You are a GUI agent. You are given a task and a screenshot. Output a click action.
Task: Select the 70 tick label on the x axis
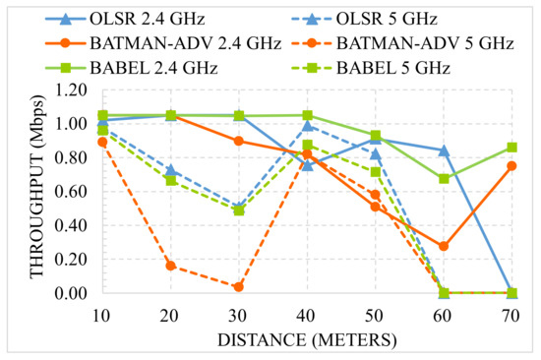(x=511, y=314)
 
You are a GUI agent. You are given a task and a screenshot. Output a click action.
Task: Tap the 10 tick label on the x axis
(x=102, y=314)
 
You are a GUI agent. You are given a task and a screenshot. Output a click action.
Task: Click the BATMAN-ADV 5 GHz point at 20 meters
(x=171, y=266)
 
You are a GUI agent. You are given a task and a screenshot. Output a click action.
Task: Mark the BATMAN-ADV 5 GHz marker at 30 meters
(x=239, y=286)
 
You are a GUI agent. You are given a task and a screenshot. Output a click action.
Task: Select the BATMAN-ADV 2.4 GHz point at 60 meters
(x=444, y=246)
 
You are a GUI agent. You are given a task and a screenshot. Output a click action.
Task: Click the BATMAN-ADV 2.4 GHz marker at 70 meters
(x=511, y=165)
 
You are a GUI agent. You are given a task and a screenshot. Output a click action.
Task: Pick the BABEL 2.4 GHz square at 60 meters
(x=444, y=178)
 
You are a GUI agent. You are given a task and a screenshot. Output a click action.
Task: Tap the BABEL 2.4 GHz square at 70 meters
(x=511, y=148)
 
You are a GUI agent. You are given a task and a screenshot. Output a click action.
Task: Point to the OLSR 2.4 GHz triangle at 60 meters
(x=444, y=150)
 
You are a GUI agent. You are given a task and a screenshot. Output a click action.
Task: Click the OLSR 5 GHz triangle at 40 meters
(x=307, y=125)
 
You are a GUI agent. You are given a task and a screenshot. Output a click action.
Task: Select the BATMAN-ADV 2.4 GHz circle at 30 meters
(x=239, y=141)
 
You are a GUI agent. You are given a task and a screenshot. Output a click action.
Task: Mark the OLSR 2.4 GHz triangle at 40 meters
(x=307, y=164)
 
